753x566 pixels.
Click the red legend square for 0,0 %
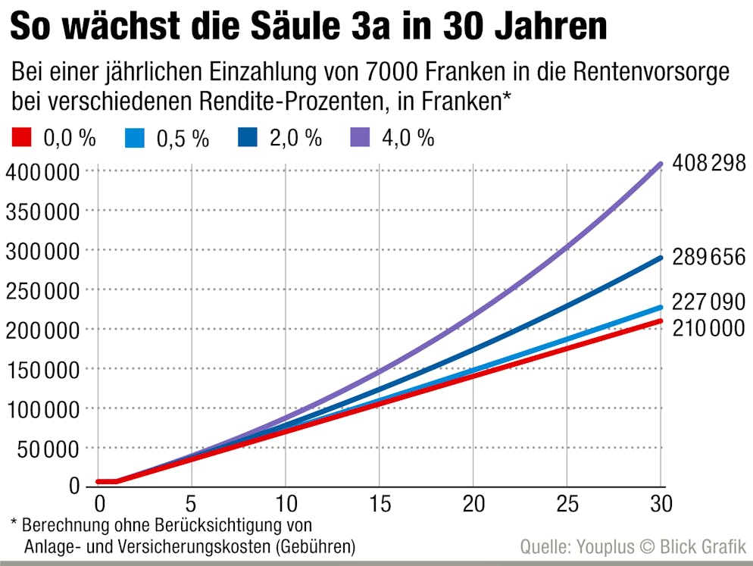[21, 137]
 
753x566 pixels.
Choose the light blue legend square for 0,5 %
[133, 137]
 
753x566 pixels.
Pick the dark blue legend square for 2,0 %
[247, 137]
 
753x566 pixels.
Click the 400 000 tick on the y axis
[42, 171]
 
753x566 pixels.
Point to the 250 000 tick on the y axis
[42, 290]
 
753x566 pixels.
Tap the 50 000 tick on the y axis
[42, 449]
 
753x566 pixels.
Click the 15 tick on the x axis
[380, 504]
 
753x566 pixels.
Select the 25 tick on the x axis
[567, 504]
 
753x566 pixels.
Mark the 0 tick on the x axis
[98, 504]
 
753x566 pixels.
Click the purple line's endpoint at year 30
[661, 164]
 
